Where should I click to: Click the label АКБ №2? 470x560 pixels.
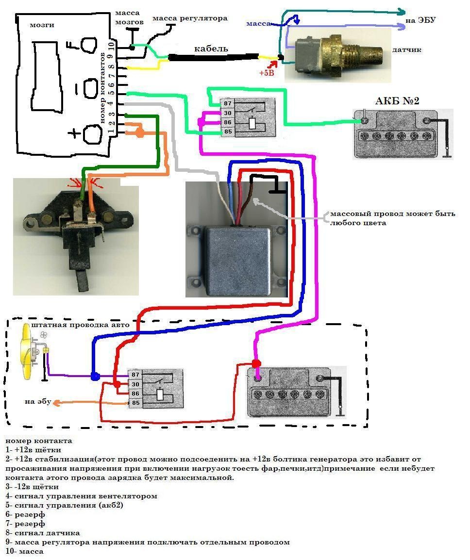[397, 101]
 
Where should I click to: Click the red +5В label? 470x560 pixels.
[267, 73]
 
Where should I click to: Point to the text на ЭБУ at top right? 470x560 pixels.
[420, 20]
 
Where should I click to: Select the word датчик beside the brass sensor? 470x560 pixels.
[407, 49]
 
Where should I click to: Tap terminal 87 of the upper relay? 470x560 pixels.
[227, 103]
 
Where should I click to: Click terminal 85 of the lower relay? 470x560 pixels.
[135, 402]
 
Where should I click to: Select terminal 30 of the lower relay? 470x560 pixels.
[135, 384]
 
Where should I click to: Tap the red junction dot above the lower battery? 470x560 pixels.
[256, 363]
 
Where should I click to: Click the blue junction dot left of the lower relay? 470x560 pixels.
[95, 376]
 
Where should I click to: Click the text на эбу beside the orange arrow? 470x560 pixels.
[38, 402]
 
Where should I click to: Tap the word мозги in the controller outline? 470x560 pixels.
[42, 25]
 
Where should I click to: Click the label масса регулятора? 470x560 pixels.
[190, 18]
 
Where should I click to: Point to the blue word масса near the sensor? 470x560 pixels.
[258, 23]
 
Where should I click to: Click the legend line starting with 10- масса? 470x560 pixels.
[25, 551]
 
